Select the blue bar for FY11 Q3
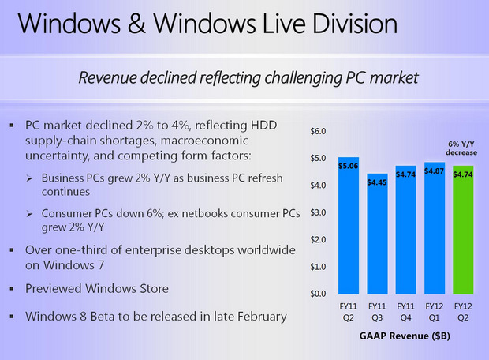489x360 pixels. coord(377,237)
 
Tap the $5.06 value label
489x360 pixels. coord(348,166)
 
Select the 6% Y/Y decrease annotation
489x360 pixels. coord(464,148)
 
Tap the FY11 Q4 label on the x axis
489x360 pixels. coord(405,309)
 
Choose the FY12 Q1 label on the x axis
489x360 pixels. coord(435,309)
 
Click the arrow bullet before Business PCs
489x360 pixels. coord(29,177)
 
